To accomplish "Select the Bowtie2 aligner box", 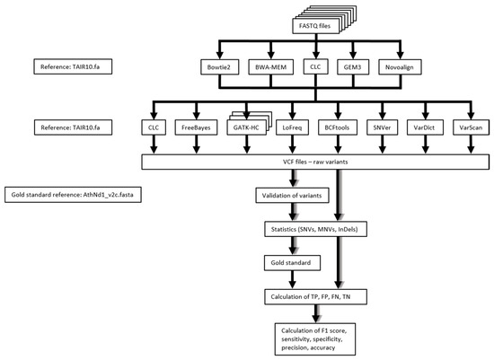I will [224, 66].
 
